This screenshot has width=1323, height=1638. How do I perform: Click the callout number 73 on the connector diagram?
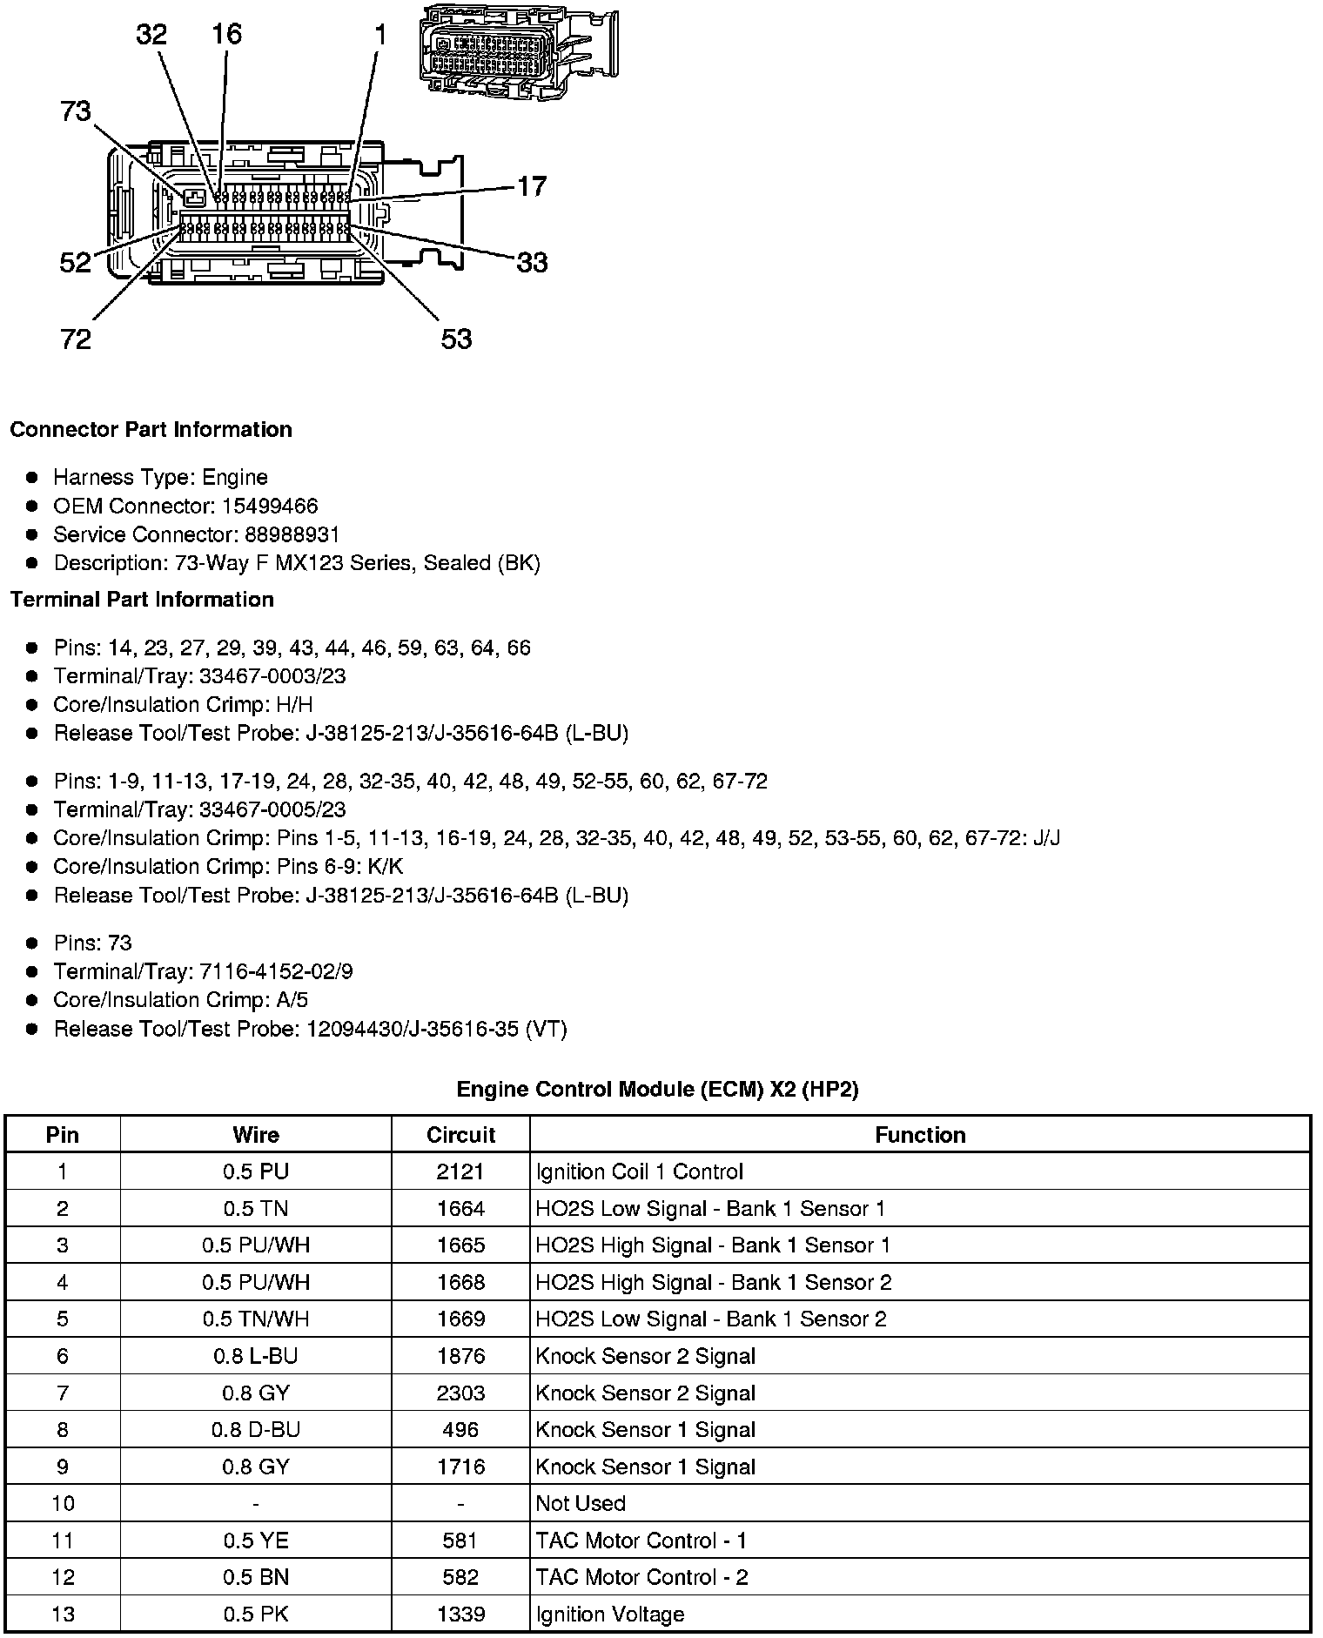[76, 112]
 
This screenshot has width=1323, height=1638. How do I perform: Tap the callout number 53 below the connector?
[456, 339]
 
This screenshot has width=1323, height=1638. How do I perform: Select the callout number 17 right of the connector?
[532, 186]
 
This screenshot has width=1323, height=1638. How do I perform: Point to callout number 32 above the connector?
[151, 35]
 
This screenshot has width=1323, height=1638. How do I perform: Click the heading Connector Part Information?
[151, 430]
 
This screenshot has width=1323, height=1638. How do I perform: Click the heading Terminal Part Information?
[142, 600]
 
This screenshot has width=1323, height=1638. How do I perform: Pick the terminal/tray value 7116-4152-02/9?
[276, 972]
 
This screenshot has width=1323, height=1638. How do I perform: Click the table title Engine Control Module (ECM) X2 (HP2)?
[657, 1090]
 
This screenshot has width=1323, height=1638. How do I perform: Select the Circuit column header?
[460, 1135]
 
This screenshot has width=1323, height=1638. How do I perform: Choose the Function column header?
[920, 1135]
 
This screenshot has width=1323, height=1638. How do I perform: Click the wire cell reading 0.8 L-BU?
[255, 1356]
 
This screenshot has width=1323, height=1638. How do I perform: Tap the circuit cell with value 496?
[460, 1430]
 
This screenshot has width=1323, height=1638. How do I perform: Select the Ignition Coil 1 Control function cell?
[640, 1172]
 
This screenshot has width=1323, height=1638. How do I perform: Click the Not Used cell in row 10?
[581, 1504]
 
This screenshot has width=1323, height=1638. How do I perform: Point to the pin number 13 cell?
[63, 1615]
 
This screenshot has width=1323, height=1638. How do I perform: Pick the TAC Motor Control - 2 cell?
[641, 1578]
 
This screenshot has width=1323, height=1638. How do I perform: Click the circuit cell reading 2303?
[460, 1393]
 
